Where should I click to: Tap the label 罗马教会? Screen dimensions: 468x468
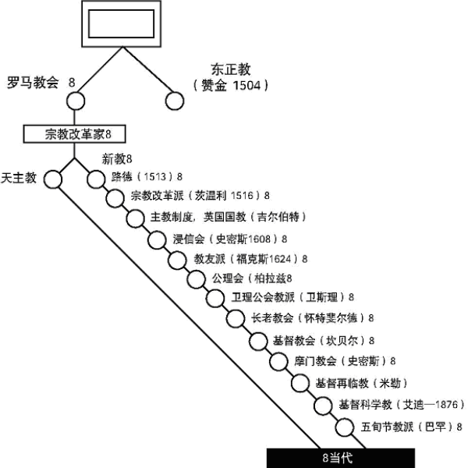coord(33,82)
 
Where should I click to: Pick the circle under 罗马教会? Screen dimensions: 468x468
coord(75,101)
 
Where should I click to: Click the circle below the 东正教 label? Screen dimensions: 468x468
coord(175,101)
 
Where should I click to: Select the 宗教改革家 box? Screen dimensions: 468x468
coord(73,133)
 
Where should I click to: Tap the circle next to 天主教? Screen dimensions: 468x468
coord(52,179)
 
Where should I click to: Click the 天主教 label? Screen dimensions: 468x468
coord(19,177)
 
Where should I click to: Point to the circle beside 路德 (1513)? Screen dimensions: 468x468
coord(95,179)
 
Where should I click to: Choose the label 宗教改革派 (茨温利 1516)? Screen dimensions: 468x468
coord(197,195)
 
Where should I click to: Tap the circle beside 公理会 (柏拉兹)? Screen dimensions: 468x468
coord(197,279)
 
